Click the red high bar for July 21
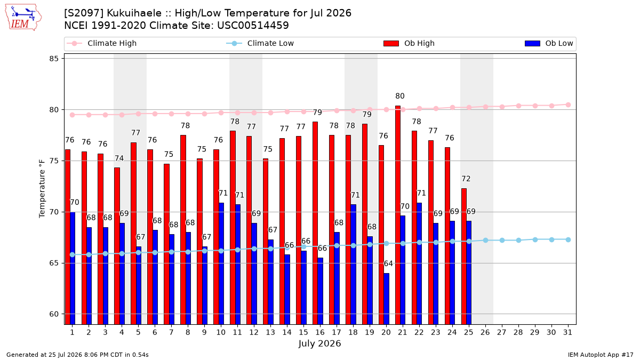pyautogui.click(x=398, y=215)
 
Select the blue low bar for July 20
pyautogui.click(x=386, y=299)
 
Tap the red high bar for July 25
pyautogui.click(x=463, y=257)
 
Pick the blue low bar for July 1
pyautogui.click(x=73, y=268)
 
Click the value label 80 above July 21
pyautogui.click(x=399, y=96)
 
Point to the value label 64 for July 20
pyautogui.click(x=388, y=263)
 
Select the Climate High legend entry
pyautogui.click(x=102, y=43)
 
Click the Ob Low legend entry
pyautogui.click(x=549, y=43)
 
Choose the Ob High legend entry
pyautogui.click(x=409, y=43)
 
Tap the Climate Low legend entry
pyautogui.click(x=260, y=43)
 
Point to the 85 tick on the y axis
pyautogui.click(x=54, y=59)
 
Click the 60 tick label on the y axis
pyautogui.click(x=54, y=314)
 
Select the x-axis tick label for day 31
pyautogui.click(x=567, y=332)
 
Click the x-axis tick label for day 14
pyautogui.click(x=287, y=332)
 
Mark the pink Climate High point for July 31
pyautogui.click(x=568, y=105)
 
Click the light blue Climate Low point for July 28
pyautogui.click(x=518, y=241)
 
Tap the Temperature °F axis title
pyautogui.click(x=42, y=189)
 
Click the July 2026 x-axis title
pyautogui.click(x=319, y=343)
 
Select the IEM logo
pyautogui.click(x=23, y=17)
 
